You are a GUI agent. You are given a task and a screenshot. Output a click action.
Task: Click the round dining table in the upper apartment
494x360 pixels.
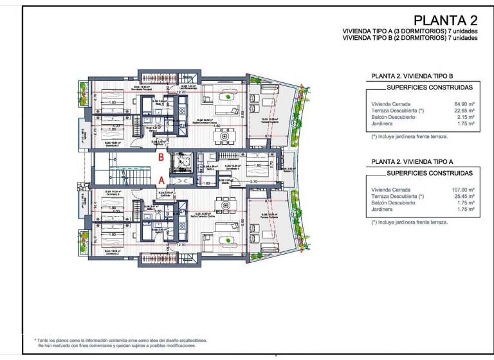coord(224,136)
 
